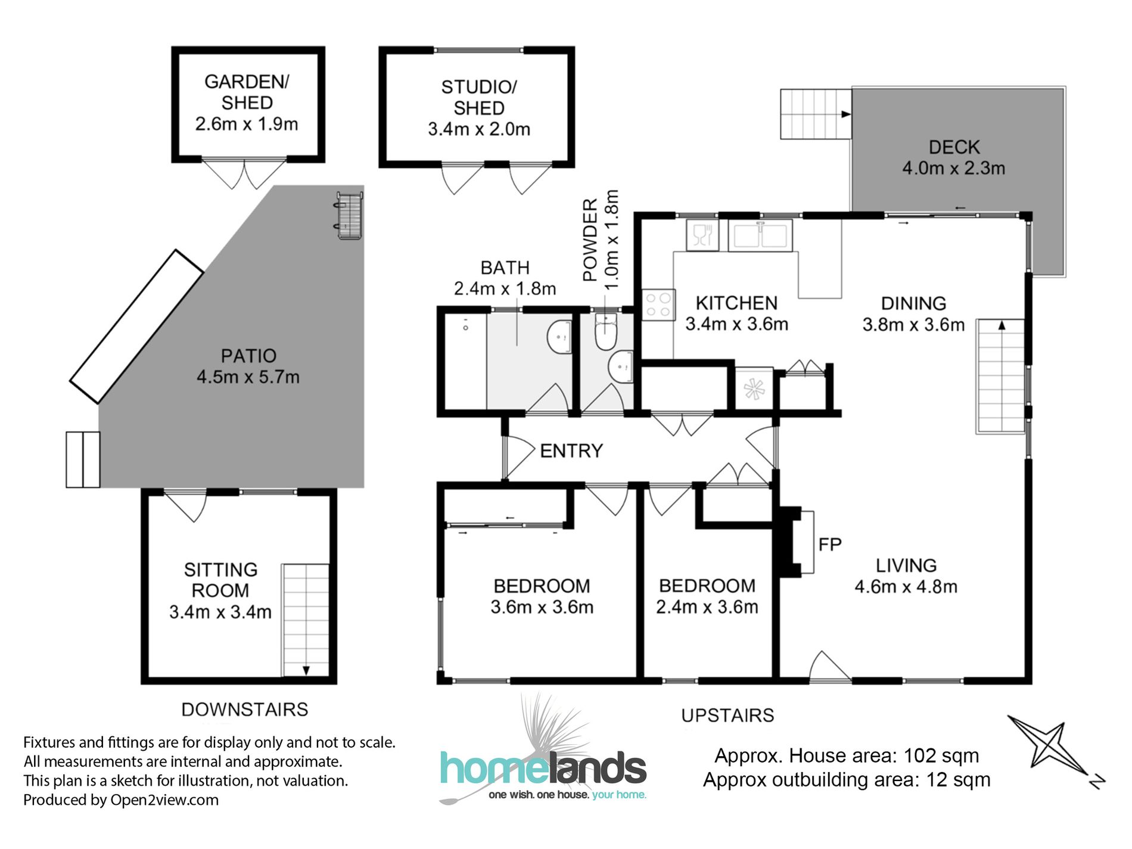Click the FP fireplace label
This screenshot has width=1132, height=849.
click(829, 544)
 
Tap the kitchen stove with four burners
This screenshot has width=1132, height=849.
click(658, 305)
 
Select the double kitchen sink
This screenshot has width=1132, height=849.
click(760, 235)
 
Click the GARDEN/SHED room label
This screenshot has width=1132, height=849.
click(247, 92)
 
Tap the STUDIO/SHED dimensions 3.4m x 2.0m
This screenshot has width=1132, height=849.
click(478, 129)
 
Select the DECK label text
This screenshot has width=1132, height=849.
click(954, 147)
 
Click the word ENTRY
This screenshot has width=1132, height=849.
click(571, 451)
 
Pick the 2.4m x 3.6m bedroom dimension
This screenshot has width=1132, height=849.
click(707, 607)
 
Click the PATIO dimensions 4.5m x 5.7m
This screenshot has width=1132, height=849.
click(248, 377)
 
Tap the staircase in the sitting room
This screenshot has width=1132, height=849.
click(305, 620)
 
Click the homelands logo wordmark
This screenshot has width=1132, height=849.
click(543, 768)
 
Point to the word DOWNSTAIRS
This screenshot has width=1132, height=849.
click(244, 710)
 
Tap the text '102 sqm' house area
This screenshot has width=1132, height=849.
click(941, 755)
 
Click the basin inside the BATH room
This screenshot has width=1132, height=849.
click(559, 337)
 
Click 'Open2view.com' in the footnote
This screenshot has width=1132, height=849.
click(164, 800)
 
